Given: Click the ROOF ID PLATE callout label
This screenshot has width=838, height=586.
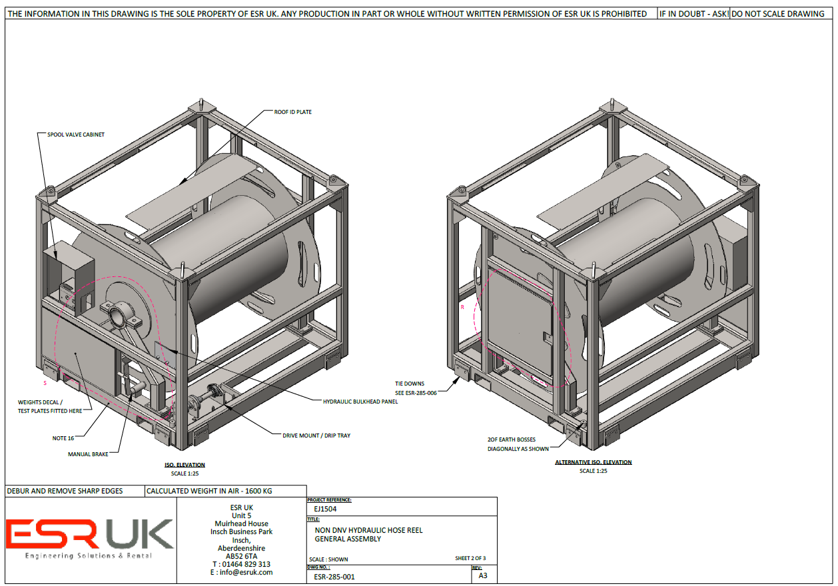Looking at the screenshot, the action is (292, 112).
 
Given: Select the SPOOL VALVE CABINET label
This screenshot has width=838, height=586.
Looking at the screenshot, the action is (75, 135).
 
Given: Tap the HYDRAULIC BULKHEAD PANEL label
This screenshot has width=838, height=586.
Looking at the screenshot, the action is (360, 402).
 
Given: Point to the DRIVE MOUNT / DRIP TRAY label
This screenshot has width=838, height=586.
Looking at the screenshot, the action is (316, 436).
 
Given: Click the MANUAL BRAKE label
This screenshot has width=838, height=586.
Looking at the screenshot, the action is (88, 454).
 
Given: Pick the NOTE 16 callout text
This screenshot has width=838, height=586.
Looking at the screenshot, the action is (63, 438).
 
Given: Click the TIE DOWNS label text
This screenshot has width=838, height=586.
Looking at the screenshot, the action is (410, 384).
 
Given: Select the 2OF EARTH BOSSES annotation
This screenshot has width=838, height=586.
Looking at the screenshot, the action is (512, 439).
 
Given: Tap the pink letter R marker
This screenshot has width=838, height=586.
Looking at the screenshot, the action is (462, 307).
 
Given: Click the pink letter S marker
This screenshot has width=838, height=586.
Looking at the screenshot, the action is (45, 383).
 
